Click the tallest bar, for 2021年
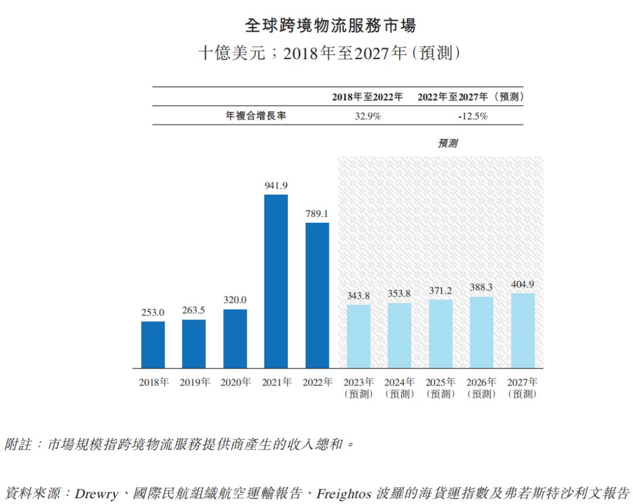(276, 281)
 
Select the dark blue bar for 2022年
(317, 295)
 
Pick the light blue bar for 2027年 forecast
(523, 331)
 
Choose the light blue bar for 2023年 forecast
(359, 336)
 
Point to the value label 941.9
(276, 185)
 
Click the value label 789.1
(317, 213)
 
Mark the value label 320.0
(235, 300)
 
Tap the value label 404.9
(523, 284)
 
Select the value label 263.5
(193, 310)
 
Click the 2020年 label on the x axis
(235, 383)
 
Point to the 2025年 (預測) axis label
(441, 389)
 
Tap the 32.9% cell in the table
(367, 116)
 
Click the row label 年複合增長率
(256, 116)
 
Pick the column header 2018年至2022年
(367, 97)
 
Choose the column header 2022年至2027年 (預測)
(471, 97)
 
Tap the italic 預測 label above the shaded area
(447, 143)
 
